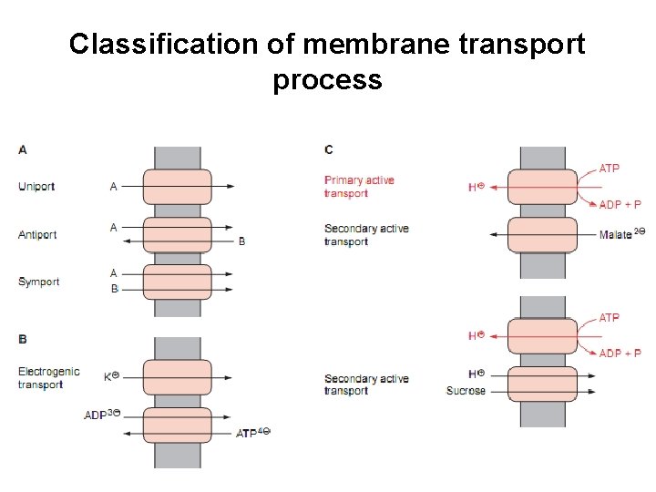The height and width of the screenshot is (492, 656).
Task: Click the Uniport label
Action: pos(36,186)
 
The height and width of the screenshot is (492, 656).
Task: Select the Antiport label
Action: pos(37,235)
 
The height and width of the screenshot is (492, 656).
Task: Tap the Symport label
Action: pos(38,282)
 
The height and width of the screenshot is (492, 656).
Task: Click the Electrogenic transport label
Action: pos(49,378)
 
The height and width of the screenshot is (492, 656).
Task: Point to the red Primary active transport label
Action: pos(359,187)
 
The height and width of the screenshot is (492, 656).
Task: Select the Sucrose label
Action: pos(466,391)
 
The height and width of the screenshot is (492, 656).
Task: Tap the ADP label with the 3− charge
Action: pos(102,415)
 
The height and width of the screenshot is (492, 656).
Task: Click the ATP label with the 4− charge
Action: pos(253,433)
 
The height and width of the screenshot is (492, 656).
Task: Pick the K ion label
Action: pos(112,376)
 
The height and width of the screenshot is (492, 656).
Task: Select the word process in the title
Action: pos(328,80)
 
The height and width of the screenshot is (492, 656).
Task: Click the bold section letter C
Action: pos(329,149)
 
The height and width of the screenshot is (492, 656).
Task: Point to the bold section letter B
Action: pos(23,339)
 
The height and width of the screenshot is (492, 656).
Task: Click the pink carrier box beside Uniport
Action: pos(178,187)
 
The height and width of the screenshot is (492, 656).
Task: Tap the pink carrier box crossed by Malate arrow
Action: pos(543,235)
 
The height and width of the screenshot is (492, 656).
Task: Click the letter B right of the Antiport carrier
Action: pos(241,241)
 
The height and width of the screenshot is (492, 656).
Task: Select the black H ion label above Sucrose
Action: pos(477,374)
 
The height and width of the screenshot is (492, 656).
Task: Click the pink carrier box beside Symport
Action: pos(178,282)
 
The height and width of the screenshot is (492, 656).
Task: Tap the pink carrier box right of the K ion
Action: pos(178,377)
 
